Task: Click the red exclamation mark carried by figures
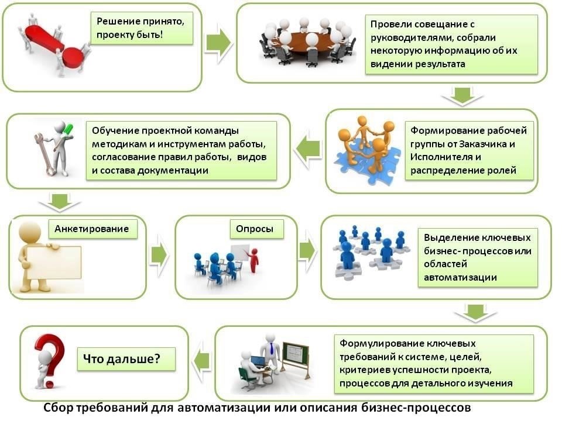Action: (x=54, y=46)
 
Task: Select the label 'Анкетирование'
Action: (x=92, y=229)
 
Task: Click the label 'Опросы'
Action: (x=255, y=229)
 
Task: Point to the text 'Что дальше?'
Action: (x=122, y=358)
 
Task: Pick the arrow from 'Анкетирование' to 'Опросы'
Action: (x=159, y=255)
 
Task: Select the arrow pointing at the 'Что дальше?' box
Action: (x=201, y=361)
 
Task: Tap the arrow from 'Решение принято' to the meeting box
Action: (x=218, y=43)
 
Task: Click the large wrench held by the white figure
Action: (x=45, y=154)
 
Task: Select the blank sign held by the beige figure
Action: (x=54, y=263)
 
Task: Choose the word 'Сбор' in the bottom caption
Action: (x=58, y=408)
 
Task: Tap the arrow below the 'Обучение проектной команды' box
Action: (x=60, y=202)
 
